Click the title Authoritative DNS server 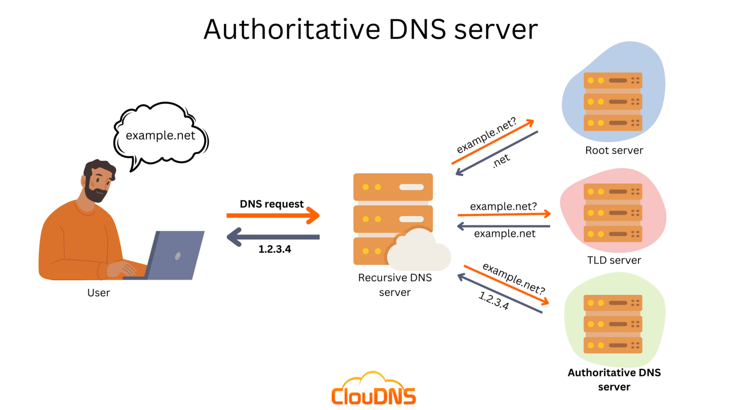[370, 29]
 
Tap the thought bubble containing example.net [160, 136]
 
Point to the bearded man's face [99, 182]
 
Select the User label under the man [98, 293]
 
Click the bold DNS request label [271, 204]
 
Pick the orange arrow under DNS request [273, 216]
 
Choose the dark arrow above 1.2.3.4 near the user [273, 237]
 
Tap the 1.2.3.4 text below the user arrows [274, 249]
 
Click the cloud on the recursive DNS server [418, 250]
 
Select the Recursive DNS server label [395, 285]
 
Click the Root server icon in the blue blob [613, 101]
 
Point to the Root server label [614, 151]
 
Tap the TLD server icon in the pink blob [613, 213]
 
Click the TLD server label [614, 260]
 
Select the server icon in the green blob [613, 324]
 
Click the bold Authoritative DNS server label [614, 380]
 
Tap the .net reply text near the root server [501, 161]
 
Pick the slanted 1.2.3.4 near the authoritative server [494, 301]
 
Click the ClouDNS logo [374, 390]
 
